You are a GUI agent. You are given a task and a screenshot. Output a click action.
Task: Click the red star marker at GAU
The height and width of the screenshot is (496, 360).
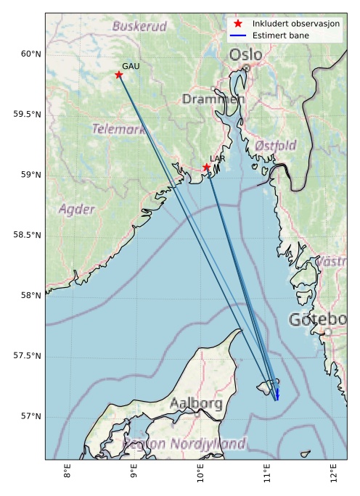(x=119, y=75)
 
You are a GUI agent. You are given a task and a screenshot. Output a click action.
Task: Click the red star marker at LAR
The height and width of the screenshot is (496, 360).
(x=207, y=168)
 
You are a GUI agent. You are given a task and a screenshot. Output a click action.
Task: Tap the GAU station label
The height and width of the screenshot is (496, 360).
(x=131, y=66)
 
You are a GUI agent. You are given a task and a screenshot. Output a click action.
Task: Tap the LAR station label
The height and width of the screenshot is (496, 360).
(x=217, y=158)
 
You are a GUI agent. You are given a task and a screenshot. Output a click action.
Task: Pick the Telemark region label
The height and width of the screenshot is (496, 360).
(x=118, y=129)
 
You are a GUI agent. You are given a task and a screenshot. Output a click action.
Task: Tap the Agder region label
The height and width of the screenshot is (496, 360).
(x=76, y=210)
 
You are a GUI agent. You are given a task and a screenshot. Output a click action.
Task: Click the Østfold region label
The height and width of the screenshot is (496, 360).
(x=275, y=146)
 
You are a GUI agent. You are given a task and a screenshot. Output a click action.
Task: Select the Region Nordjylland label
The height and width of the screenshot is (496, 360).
(x=184, y=443)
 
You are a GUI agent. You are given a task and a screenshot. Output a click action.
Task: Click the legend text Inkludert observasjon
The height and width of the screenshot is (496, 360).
(x=296, y=24)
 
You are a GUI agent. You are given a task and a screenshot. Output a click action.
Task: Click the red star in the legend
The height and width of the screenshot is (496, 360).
(x=238, y=24)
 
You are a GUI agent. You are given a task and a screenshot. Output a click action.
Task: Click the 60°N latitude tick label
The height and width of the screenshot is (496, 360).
(x=28, y=54)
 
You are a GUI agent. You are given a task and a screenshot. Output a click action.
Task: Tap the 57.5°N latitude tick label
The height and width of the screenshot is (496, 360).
(x=28, y=355)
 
